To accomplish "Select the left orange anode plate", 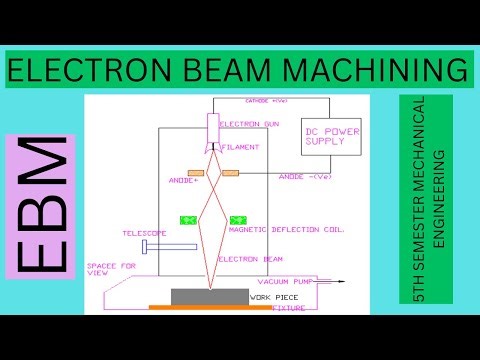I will tap(196, 172).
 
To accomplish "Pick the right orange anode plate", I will tap(231, 172).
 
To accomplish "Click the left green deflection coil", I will tap(186, 219).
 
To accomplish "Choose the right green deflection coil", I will tap(238, 219).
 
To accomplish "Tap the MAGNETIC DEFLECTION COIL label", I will tap(302, 230).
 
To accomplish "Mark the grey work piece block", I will tap(209, 295).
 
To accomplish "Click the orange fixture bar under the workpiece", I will tap(209, 308).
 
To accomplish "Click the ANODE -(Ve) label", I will tap(306, 177).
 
